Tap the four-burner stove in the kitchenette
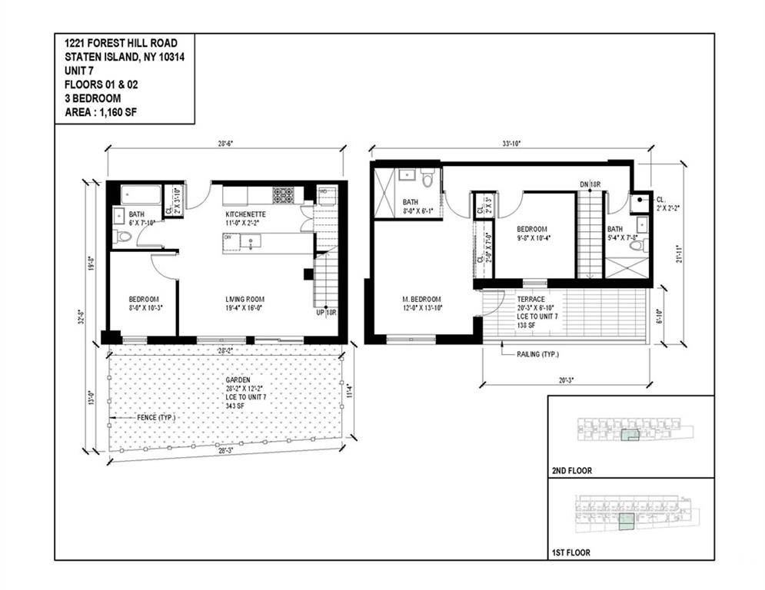point(283,195)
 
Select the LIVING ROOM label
point(244,299)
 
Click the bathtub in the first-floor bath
point(138,194)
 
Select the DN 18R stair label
point(590,184)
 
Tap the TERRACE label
point(531,299)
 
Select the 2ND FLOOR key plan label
point(572,471)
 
